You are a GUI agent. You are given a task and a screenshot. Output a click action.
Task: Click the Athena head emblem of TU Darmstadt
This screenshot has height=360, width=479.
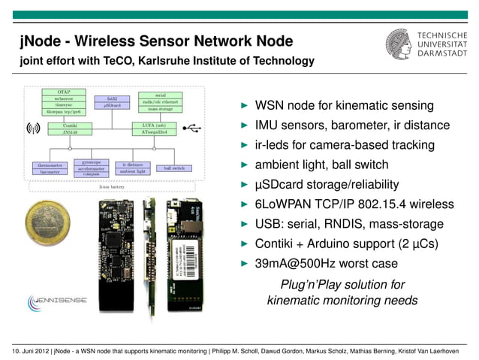(398, 47)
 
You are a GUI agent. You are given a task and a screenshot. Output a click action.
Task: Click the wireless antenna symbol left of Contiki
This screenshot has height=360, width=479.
(32, 128)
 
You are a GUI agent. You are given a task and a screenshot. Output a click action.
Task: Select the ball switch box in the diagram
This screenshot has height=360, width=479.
(174, 168)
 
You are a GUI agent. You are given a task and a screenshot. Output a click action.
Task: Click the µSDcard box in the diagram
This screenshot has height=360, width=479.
(113, 105)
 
